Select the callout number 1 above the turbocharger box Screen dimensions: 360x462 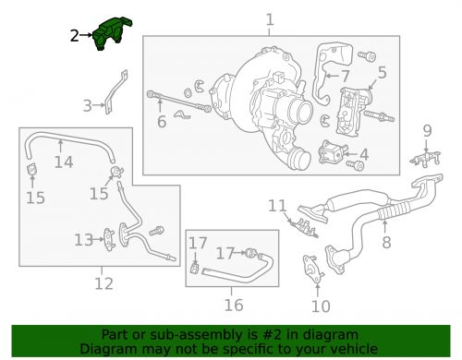tap(270, 18)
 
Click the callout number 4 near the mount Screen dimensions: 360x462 tap(363, 155)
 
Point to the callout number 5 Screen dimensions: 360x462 tap(382, 70)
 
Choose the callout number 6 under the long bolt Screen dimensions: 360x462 tap(161, 120)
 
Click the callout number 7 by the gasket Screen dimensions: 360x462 tap(344, 76)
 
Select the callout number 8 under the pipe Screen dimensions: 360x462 tap(386, 244)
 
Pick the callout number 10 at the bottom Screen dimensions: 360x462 tap(320, 306)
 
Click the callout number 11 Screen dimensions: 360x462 tap(278, 205)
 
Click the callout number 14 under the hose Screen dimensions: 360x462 tap(63, 163)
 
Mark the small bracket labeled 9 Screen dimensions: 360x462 tap(426, 158)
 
